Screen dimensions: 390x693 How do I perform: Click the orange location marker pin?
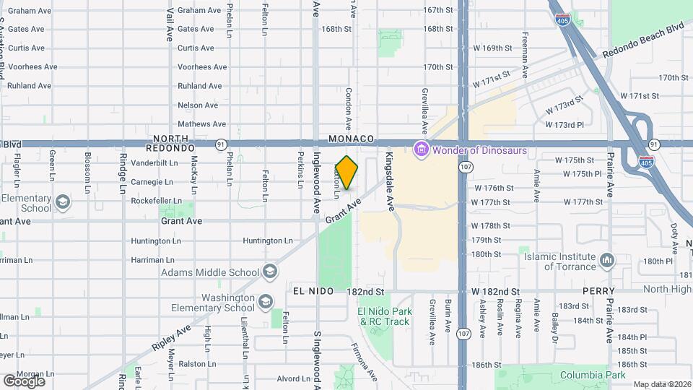(x=347, y=173)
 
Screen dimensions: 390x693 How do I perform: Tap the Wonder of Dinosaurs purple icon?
(x=419, y=150)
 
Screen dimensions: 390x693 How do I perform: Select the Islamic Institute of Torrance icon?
(x=607, y=259)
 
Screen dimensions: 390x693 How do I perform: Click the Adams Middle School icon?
(x=269, y=272)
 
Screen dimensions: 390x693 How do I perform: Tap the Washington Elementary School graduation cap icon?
(x=266, y=301)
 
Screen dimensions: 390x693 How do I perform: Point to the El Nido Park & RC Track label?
(x=385, y=316)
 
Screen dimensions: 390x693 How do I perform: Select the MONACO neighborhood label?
(x=351, y=138)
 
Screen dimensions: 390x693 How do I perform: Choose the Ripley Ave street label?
(x=171, y=338)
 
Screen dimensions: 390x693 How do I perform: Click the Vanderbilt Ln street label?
(x=154, y=163)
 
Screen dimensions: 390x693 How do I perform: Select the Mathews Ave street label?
(x=202, y=124)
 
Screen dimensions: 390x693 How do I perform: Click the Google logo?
(x=24, y=381)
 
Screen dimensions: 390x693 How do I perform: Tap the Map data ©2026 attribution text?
(x=662, y=384)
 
